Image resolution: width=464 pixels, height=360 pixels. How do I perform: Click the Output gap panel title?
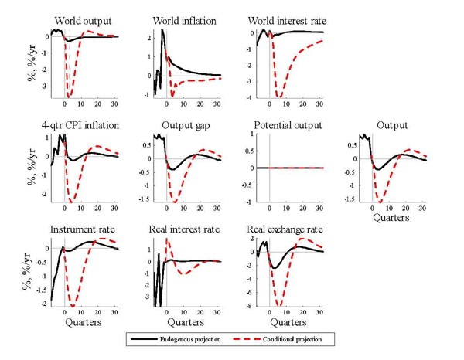pos(183,125)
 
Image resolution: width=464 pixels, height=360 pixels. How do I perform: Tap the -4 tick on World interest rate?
pos(250,98)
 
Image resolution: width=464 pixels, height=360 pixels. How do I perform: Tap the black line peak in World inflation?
pos(162,31)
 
